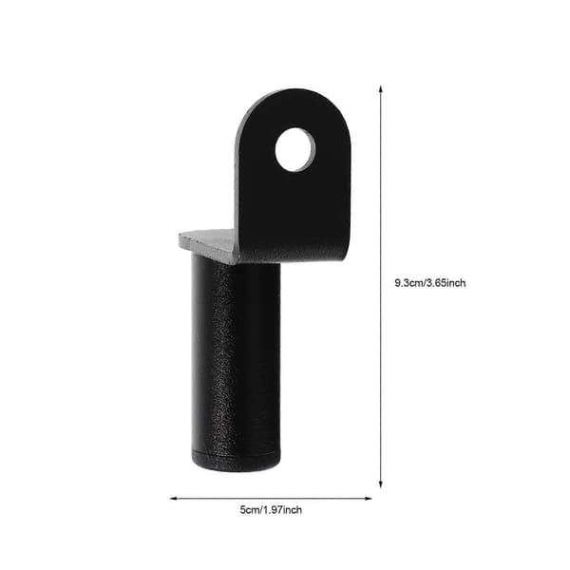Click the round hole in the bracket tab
tap(295, 149)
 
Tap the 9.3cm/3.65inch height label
tap(430, 283)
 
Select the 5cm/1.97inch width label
tap(271, 509)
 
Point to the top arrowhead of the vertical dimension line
tap(381, 88)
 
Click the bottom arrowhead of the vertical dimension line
tap(381, 484)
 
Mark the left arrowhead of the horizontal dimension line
tap(174, 499)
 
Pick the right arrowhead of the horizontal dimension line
tap(369, 499)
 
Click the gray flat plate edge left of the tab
tap(208, 244)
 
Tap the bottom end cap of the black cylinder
tap(236, 462)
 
